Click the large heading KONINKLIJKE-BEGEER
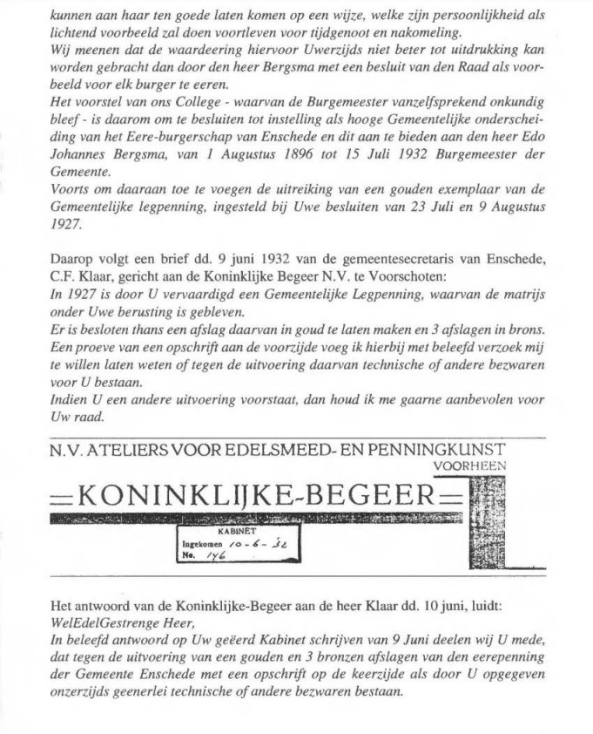tap(255, 499)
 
